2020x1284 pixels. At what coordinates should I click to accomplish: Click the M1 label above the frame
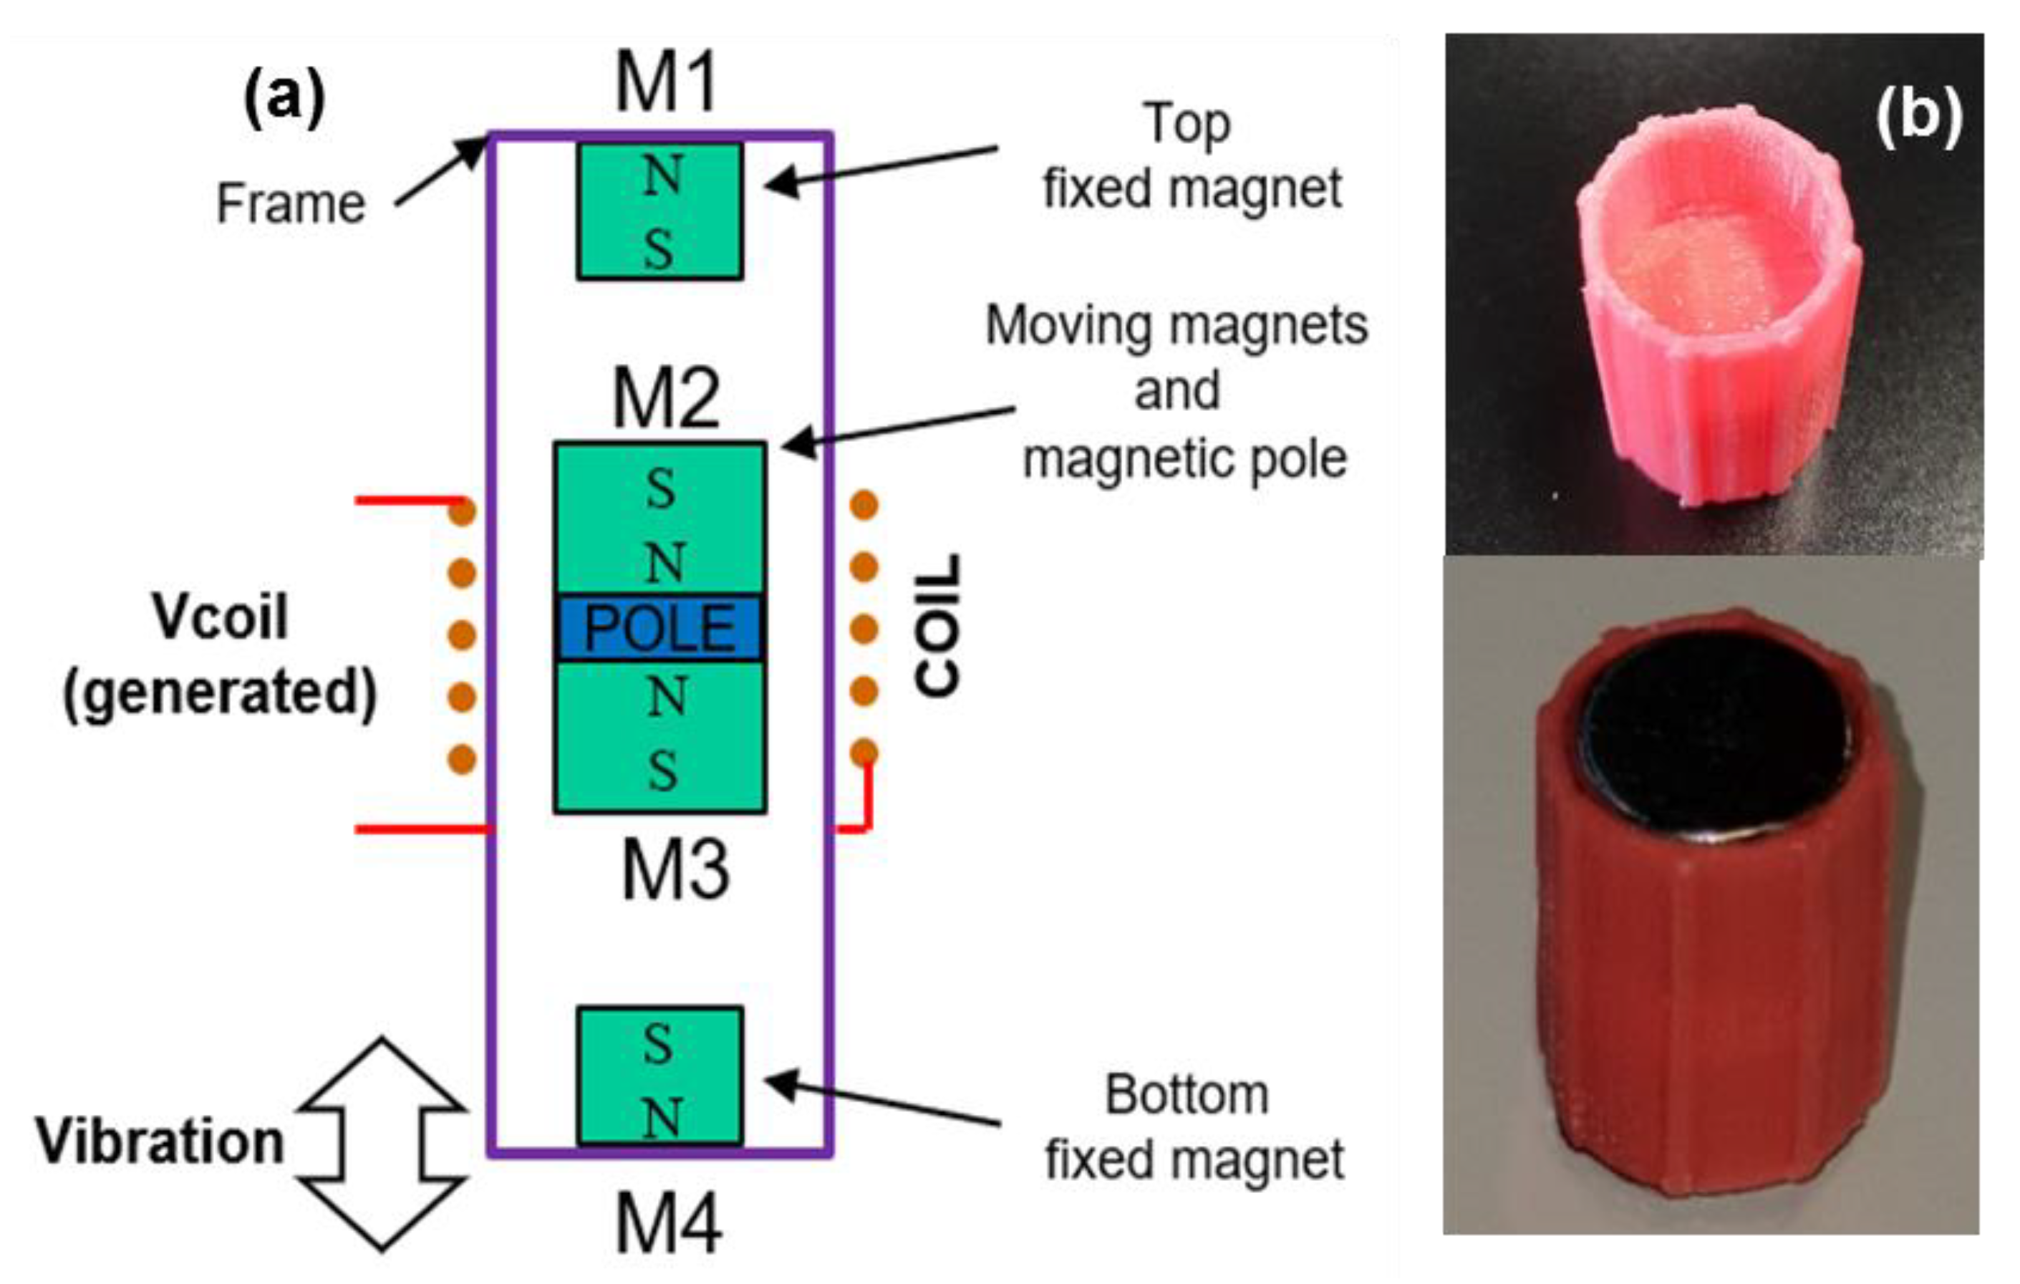coord(667,82)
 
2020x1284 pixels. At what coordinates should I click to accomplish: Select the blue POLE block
coord(660,628)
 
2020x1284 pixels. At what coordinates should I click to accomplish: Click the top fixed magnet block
coord(660,211)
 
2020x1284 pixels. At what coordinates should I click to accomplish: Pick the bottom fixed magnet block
coord(660,1076)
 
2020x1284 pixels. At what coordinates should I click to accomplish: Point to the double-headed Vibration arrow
coord(382,1144)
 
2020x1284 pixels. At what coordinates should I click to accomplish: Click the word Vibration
coord(160,1142)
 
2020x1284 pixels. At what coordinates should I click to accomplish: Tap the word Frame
coord(291,204)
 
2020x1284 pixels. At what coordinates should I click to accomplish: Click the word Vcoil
coord(220,617)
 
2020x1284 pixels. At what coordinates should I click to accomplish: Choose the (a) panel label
coord(284,99)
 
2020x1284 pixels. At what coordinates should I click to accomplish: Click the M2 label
coord(667,397)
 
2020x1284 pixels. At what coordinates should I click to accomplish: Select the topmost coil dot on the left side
coord(461,510)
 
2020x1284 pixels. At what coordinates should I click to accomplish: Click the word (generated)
coord(221,692)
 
